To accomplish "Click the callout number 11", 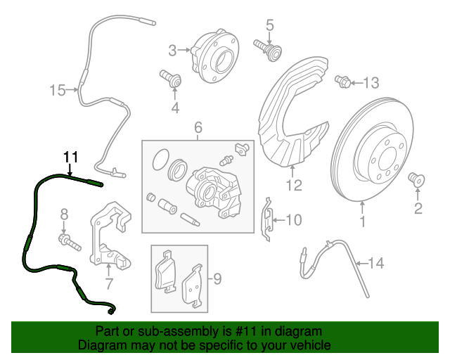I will (x=70, y=156).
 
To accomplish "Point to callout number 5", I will (x=269, y=27).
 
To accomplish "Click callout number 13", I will (x=371, y=83).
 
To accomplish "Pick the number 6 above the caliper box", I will (x=198, y=127).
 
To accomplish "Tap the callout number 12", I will (x=294, y=186).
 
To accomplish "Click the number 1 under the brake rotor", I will (x=363, y=223).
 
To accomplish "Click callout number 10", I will (x=293, y=220).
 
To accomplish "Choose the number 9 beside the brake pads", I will (x=217, y=279).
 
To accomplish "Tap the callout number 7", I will (x=109, y=285).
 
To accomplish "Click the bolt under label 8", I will (x=70, y=243).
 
